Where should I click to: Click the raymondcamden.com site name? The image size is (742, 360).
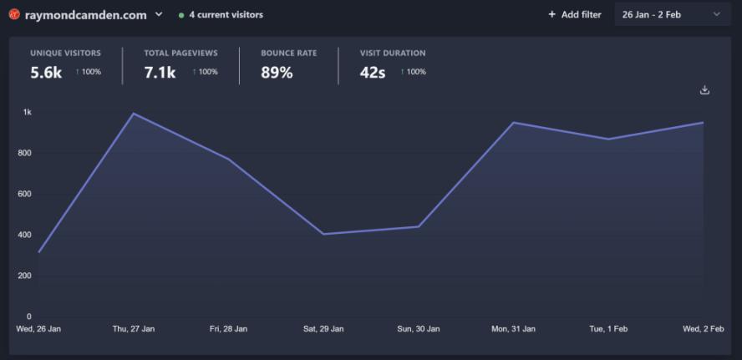pos(85,15)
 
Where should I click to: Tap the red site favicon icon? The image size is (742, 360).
pos(13,14)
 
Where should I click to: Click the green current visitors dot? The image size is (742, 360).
pos(181,15)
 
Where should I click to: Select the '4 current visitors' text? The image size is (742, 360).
pos(226,15)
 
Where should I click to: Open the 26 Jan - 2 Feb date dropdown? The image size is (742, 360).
pos(672,14)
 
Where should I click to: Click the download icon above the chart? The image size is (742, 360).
pos(704,90)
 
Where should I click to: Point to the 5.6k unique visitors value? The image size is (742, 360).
pos(46,73)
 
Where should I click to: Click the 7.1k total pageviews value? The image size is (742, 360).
pos(160,73)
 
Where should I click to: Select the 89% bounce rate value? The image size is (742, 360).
pos(277,73)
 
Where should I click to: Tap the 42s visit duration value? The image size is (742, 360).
pos(373,73)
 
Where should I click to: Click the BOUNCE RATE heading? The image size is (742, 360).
pos(288,53)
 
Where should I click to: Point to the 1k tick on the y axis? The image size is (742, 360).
pos(27,112)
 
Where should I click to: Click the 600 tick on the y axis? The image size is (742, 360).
pos(23,194)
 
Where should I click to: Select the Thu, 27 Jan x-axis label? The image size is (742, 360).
pos(134,329)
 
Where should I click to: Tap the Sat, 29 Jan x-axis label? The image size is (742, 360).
pos(323,329)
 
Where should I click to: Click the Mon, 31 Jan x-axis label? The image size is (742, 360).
pos(513,329)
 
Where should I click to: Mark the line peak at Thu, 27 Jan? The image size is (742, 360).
pos(134,114)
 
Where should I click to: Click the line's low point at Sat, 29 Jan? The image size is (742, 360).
pos(323,234)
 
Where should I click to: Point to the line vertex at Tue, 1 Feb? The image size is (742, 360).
pos(608,139)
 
